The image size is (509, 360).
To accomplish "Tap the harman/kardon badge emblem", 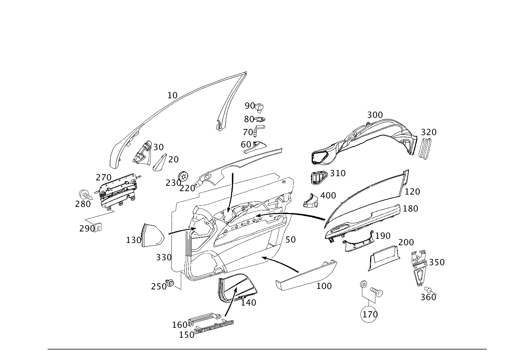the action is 214,327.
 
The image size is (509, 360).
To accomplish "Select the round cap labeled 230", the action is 183,177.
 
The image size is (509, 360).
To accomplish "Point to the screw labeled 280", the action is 86,195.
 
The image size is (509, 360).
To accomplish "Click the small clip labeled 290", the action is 98,227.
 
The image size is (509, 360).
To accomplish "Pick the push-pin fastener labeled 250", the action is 170,283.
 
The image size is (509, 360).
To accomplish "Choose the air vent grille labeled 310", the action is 319,178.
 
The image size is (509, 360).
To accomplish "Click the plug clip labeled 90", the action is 259,107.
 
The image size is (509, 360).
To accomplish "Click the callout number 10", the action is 172,96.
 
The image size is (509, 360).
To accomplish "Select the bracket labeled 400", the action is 311,201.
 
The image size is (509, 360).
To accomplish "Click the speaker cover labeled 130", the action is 152,236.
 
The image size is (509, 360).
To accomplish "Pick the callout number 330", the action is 164,258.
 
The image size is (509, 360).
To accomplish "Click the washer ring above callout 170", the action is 364,284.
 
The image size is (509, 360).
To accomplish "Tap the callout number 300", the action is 375,115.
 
